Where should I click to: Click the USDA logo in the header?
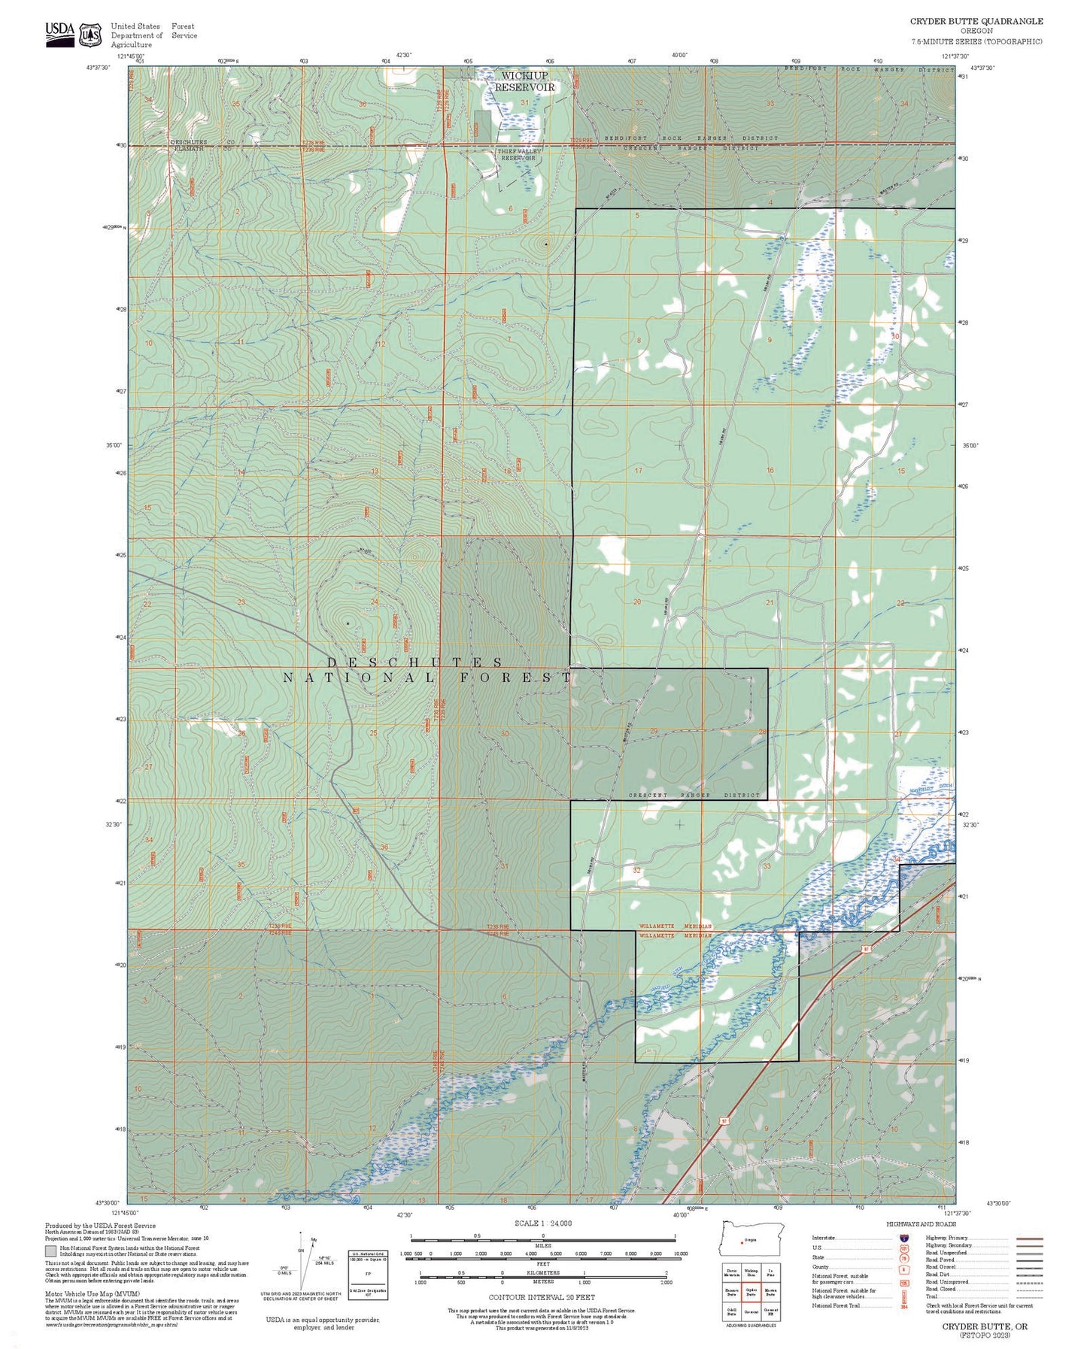pyautogui.click(x=59, y=33)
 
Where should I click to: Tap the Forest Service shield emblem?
pyautogui.click(x=91, y=35)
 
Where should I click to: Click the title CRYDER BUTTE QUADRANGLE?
pyautogui.click(x=976, y=21)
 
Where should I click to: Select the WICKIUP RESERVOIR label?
pyautogui.click(x=524, y=81)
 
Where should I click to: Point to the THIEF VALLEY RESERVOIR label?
pyautogui.click(x=519, y=155)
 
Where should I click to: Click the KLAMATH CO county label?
pyautogui.click(x=188, y=149)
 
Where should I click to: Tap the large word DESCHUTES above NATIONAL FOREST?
pyautogui.click(x=414, y=662)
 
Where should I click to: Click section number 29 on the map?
pyautogui.click(x=654, y=731)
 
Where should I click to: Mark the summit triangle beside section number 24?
pyautogui.click(x=348, y=623)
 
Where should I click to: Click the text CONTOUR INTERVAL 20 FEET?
pyautogui.click(x=542, y=1297)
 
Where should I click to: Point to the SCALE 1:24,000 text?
pyautogui.click(x=543, y=1223)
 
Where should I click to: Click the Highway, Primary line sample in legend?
pyautogui.click(x=1029, y=1238)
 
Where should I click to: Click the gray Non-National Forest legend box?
pyautogui.click(x=50, y=1252)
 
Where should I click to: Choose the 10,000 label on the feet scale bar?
pyautogui.click(x=680, y=1254)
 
